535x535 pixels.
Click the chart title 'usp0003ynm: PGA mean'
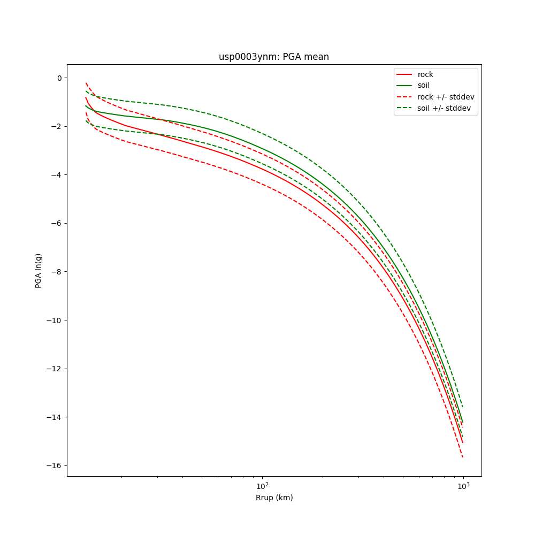tap(273, 57)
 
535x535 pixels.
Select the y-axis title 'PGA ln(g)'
tap(39, 271)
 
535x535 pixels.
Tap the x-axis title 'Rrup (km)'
tap(274, 498)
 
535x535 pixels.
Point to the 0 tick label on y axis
tap(59, 78)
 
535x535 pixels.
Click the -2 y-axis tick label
tap(57, 126)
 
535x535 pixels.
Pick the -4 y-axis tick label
tap(57, 175)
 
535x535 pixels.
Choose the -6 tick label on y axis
tap(57, 223)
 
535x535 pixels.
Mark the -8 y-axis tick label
tap(57, 272)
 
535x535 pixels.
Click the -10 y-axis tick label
tap(55, 320)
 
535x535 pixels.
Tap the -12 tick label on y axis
tap(55, 369)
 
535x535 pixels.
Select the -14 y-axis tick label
tap(55, 417)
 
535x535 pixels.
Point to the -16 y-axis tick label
tap(55, 465)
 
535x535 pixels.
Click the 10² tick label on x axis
tap(262, 485)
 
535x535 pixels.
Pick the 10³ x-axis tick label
tap(463, 485)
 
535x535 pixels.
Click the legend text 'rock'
tap(425, 74)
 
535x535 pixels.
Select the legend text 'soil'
tap(424, 86)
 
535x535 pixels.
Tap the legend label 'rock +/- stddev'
tap(446, 97)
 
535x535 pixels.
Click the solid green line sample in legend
tap(405, 86)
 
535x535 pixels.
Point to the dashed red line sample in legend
tap(405, 97)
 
